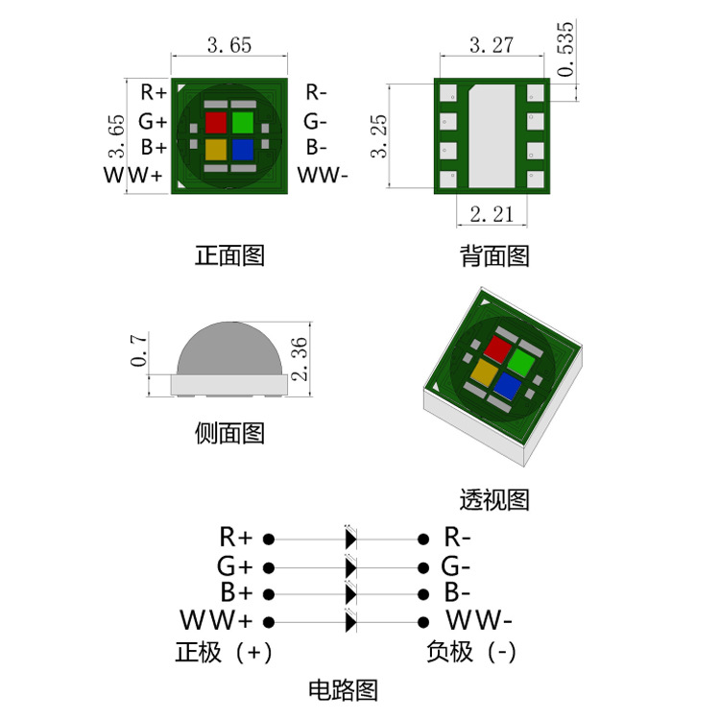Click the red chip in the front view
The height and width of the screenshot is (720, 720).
pyautogui.click(x=216, y=123)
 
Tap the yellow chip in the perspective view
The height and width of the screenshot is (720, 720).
pyautogui.click(x=483, y=372)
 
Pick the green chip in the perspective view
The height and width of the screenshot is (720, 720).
pyautogui.click(x=519, y=362)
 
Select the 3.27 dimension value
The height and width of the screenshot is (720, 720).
pyautogui.click(x=491, y=44)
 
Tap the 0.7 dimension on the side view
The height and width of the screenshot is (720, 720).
pyautogui.click(x=139, y=350)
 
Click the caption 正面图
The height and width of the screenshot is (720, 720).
pyautogui.click(x=229, y=255)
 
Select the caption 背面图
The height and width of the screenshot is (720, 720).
pyautogui.click(x=494, y=255)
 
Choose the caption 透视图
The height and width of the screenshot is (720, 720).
pyautogui.click(x=494, y=499)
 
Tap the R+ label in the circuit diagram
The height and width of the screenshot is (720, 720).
pyautogui.click(x=235, y=537)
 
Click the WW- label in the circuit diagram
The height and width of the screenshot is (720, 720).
pyautogui.click(x=479, y=618)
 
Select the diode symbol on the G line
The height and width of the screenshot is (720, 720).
pyautogui.click(x=350, y=566)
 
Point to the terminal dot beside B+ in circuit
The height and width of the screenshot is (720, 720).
pyautogui.click(x=270, y=593)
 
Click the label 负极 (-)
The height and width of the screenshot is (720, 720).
pyautogui.click(x=471, y=652)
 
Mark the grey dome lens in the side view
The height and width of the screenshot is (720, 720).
pyautogui.click(x=228, y=349)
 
